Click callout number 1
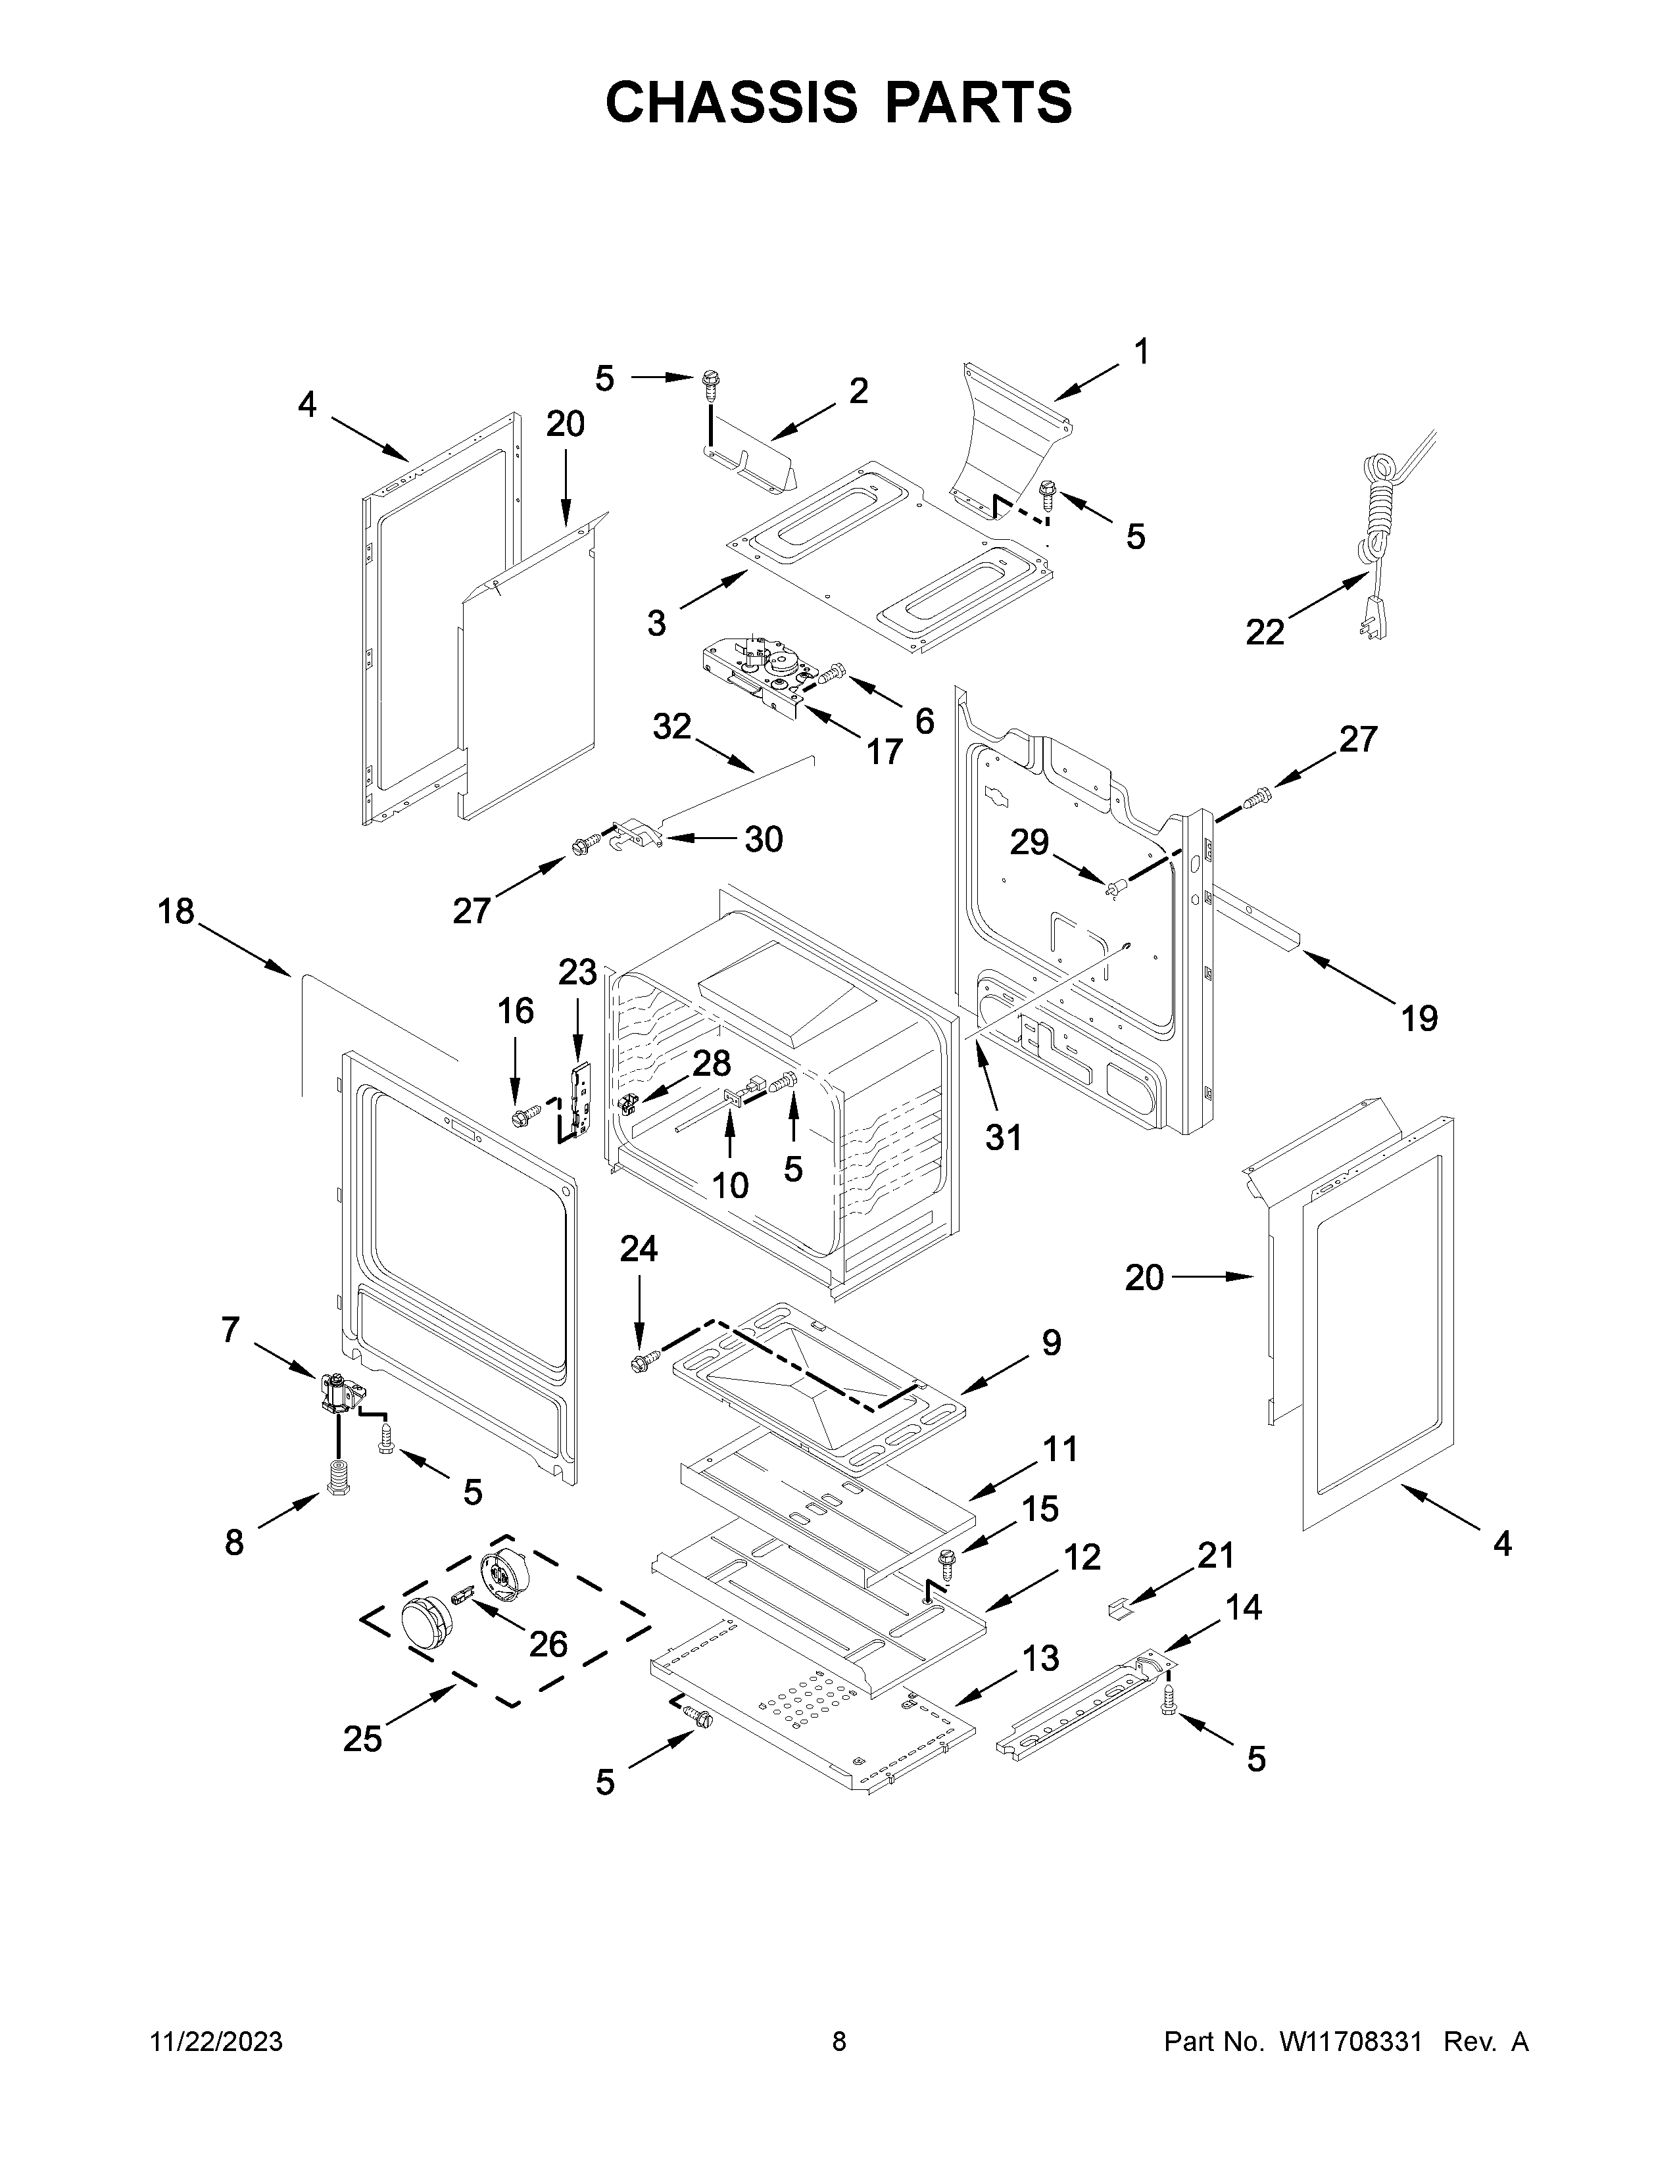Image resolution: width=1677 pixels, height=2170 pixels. [1142, 352]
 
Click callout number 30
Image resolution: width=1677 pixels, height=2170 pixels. [764, 840]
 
